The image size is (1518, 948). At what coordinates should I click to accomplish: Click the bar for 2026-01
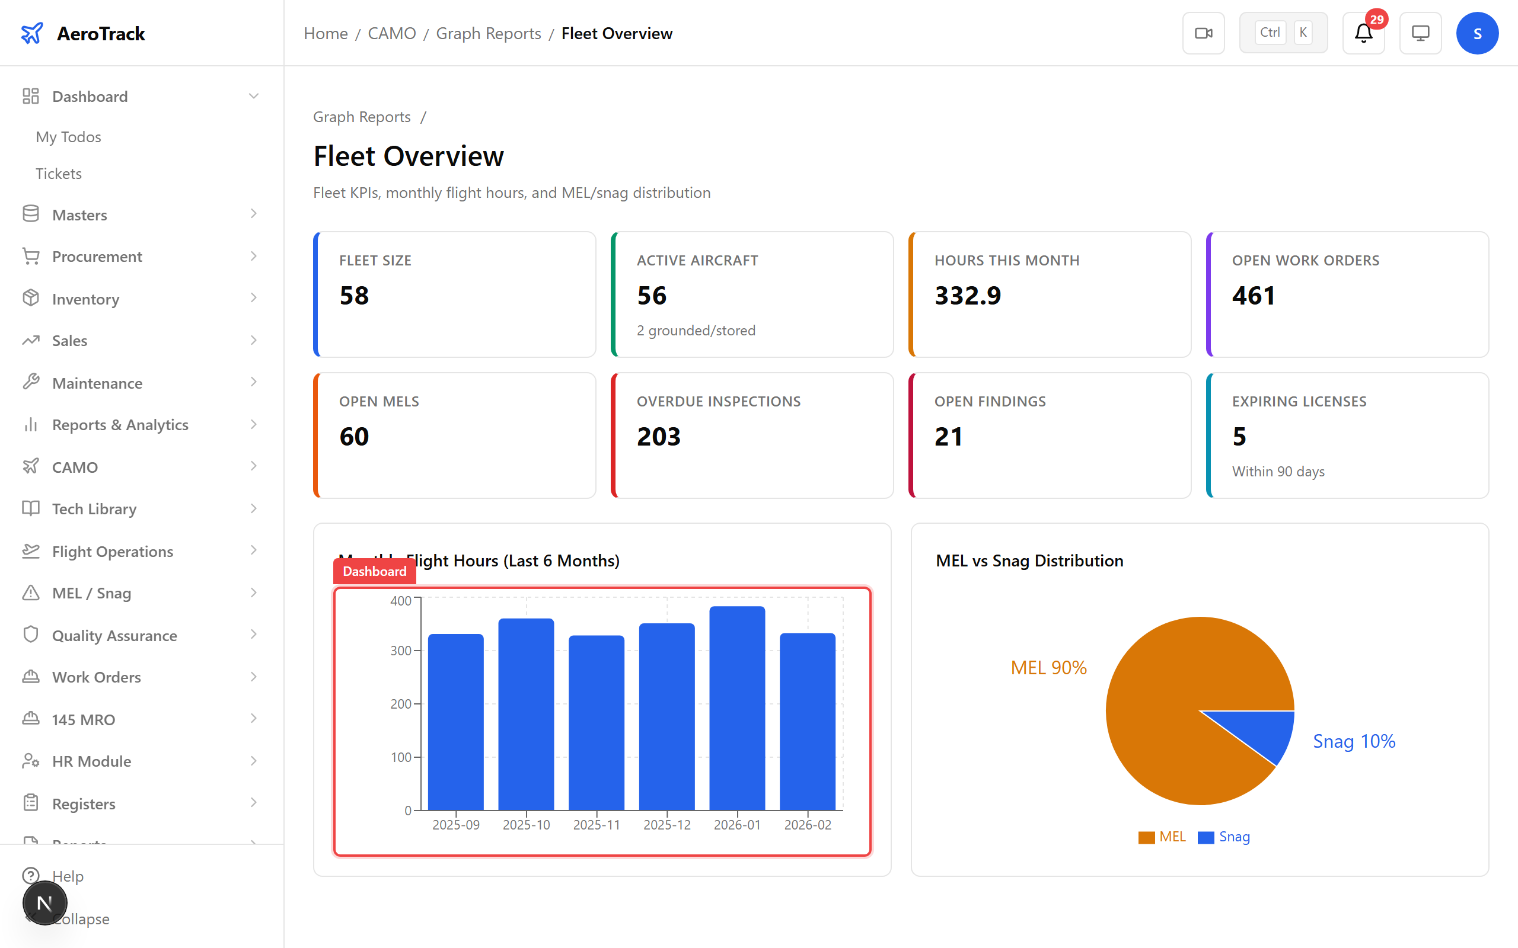tap(737, 709)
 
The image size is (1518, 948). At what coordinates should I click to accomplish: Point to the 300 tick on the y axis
tap(401, 651)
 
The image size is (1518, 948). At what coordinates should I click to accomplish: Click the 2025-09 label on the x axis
tap(456, 825)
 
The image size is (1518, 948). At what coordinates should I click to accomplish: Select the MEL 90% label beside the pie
tap(1048, 668)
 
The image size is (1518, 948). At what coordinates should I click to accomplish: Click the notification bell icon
tap(1363, 33)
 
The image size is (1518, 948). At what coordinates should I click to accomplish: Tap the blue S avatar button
tap(1476, 33)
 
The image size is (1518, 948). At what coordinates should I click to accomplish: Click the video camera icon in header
tap(1203, 33)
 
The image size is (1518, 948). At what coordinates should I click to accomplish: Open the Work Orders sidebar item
tap(97, 677)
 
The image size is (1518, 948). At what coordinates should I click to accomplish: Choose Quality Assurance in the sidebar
tap(114, 635)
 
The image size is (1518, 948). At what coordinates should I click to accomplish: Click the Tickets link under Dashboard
tap(59, 174)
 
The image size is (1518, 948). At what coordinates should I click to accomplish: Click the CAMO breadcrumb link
tap(391, 33)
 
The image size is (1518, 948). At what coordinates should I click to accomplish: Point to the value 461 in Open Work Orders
tap(1254, 295)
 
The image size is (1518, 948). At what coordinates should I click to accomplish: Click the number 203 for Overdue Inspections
tap(658, 437)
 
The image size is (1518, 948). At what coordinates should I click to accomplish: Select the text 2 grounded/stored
tap(696, 331)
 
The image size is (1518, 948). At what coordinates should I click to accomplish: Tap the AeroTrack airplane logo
tap(32, 33)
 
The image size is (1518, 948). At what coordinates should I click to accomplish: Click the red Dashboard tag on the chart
tap(375, 571)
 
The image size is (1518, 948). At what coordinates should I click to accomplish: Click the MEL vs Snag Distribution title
tap(1029, 561)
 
